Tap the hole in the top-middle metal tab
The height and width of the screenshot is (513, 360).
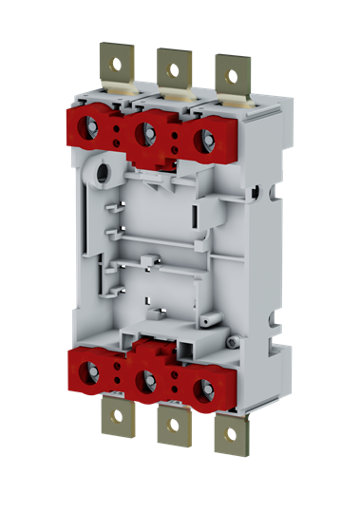[x=172, y=66]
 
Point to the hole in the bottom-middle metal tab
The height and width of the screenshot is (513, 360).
[x=174, y=424]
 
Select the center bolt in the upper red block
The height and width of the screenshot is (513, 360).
[x=147, y=131]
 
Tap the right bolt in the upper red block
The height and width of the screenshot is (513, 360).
[x=201, y=136]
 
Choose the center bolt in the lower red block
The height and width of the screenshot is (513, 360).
[x=146, y=381]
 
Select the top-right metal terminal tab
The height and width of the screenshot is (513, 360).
[x=228, y=76]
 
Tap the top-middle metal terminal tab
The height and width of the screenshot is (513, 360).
[x=172, y=75]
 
